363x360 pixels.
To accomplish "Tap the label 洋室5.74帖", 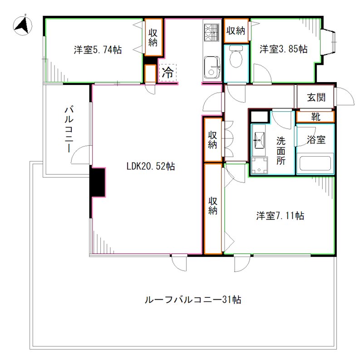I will [98, 50].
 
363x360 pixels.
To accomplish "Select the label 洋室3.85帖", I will [283, 49].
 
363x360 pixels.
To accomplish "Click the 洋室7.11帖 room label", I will [280, 216].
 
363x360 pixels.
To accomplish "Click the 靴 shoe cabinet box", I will [315, 117].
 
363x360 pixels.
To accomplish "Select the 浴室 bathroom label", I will [316, 140].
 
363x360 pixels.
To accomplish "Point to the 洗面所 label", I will [281, 150].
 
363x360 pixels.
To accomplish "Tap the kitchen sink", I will [211, 67].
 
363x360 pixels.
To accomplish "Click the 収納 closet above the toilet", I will [236, 31].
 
